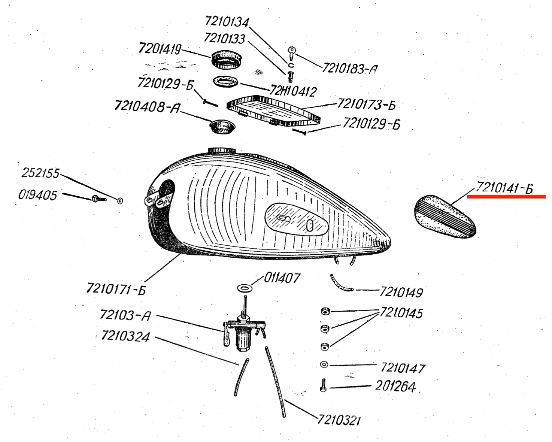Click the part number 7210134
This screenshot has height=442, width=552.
(x=227, y=22)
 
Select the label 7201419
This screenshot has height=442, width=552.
(x=160, y=49)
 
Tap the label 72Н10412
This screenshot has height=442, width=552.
(x=293, y=91)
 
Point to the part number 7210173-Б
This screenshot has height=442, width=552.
(x=366, y=104)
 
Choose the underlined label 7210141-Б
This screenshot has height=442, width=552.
(x=504, y=188)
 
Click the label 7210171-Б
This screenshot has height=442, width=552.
(x=116, y=289)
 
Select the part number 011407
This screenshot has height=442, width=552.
(x=282, y=278)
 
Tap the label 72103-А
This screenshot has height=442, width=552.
(x=125, y=315)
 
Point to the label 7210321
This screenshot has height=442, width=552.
(x=339, y=420)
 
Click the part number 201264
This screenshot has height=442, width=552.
(x=395, y=386)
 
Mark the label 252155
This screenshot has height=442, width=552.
(x=40, y=173)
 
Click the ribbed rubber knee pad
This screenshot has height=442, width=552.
(x=445, y=217)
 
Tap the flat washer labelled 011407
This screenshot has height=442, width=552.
(x=245, y=288)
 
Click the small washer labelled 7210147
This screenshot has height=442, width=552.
(x=324, y=364)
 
